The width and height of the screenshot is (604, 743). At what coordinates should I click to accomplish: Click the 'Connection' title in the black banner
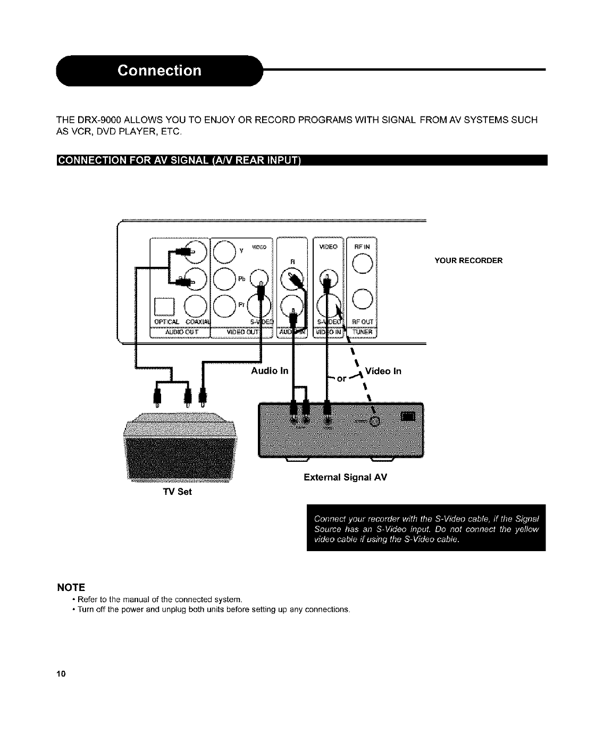coord(160,71)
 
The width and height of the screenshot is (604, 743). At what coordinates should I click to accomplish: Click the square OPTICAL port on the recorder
coord(162,307)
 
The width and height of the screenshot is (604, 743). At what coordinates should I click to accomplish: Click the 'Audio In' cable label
coord(270,371)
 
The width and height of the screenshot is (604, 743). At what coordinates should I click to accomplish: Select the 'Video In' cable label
coord(384,371)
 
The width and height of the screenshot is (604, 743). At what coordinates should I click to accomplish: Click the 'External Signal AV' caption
coord(345,477)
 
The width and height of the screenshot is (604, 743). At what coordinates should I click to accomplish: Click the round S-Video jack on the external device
coord(374,421)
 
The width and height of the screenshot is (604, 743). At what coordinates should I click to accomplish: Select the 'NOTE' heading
coord(71,587)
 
